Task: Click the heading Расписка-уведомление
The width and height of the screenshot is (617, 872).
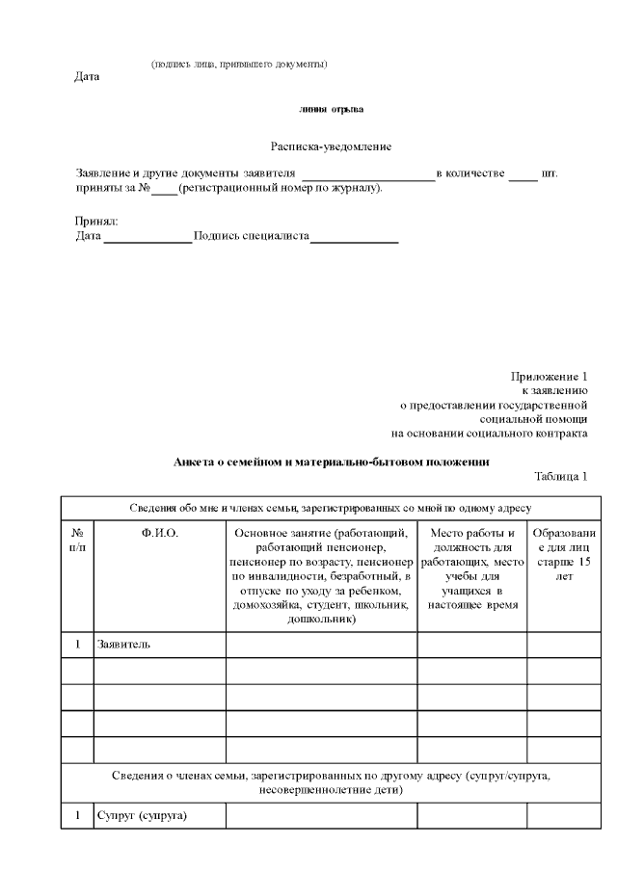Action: point(331,146)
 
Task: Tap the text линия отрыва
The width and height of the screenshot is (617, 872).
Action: point(331,110)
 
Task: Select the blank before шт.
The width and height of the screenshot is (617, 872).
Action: point(523,174)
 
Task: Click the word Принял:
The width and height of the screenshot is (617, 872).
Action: point(96,222)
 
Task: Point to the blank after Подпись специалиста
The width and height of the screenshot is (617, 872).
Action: point(354,236)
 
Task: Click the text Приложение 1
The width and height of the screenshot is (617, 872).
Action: point(549,376)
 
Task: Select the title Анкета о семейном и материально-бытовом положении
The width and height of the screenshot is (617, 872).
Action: point(331,462)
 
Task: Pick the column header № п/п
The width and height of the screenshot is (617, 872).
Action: point(77,540)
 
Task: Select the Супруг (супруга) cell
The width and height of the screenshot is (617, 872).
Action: point(141,816)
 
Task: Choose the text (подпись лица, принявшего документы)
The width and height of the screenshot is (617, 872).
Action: point(239,64)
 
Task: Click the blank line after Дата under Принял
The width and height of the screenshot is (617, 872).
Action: point(148,236)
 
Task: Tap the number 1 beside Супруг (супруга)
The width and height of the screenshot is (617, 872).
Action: point(77,816)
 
